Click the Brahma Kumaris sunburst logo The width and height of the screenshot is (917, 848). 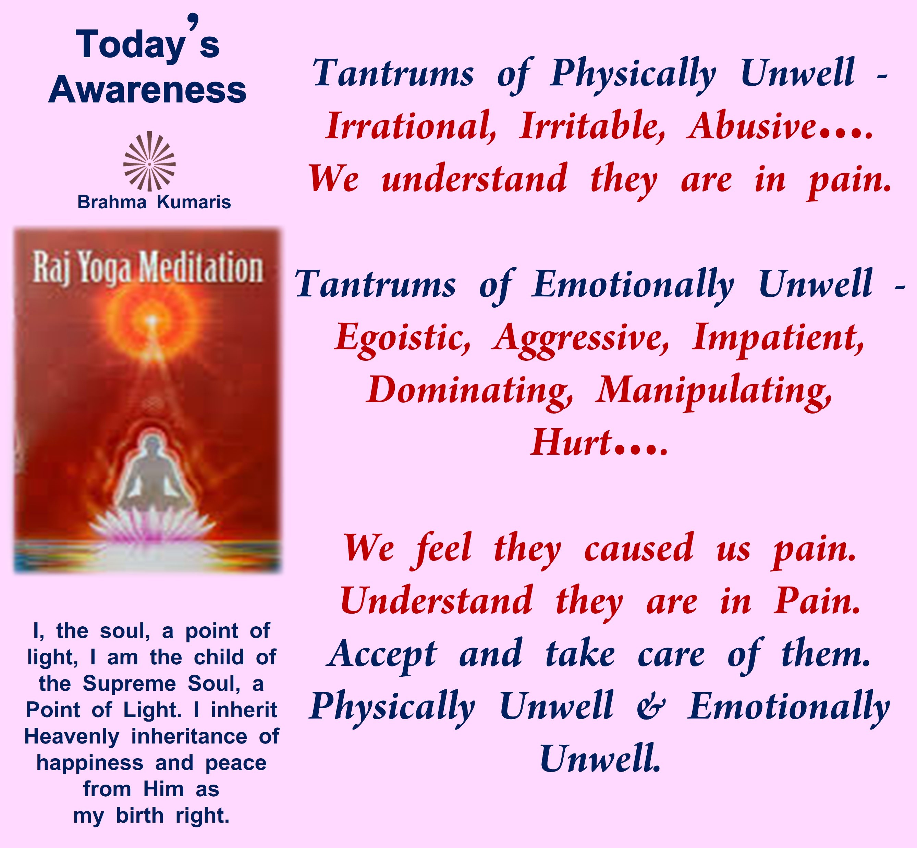pos(150,161)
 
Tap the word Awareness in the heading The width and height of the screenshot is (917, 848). pos(147,90)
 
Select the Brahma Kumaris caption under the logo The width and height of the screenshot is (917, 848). pos(154,202)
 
